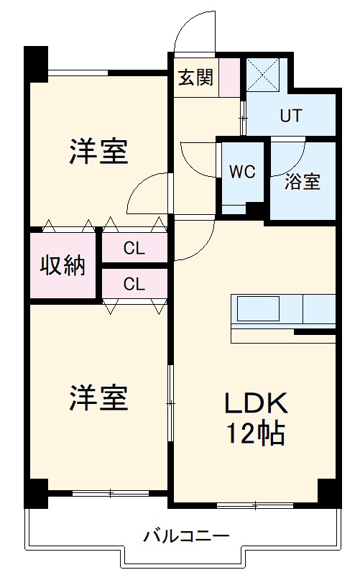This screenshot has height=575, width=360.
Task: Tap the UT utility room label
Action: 292,115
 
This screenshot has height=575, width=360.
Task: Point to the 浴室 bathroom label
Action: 302,182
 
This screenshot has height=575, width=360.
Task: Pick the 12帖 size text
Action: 257,433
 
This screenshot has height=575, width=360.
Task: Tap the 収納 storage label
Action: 63,265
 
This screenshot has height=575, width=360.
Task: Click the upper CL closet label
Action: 134,249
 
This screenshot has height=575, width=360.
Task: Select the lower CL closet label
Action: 134,284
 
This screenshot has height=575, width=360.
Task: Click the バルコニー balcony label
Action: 185,536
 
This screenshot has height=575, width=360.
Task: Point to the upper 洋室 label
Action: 98,152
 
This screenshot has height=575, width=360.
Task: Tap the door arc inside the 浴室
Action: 287,151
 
